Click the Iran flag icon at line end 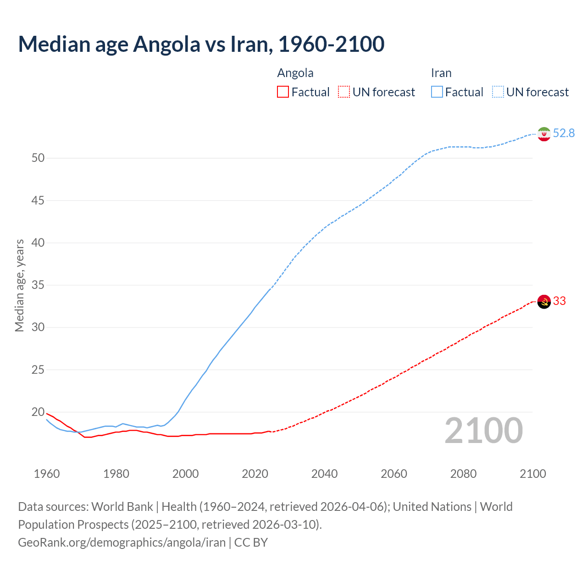543,134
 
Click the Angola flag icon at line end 543,302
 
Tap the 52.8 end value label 564,133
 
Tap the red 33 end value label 559,301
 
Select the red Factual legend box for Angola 283,92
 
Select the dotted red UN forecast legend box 344,92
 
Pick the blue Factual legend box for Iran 437,92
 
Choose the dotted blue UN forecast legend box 498,92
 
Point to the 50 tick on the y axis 38,158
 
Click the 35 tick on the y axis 38,285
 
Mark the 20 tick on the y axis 38,412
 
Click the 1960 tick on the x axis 47,474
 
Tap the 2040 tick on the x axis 324,474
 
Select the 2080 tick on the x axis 463,474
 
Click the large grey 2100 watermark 483,431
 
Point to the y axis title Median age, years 19,285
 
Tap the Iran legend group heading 441,73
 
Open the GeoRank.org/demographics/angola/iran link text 122,543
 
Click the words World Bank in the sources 122,507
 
